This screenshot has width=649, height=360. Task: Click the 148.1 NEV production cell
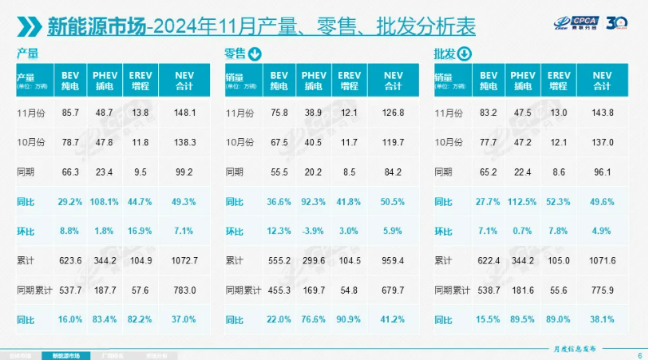(184, 113)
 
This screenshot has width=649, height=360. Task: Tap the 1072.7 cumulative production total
(184, 260)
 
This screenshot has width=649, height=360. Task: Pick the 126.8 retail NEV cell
(393, 113)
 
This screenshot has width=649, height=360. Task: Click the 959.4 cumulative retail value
(393, 260)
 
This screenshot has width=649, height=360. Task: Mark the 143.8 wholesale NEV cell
(603, 113)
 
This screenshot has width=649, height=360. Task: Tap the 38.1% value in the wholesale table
(603, 319)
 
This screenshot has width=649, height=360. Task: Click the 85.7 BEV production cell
(73, 113)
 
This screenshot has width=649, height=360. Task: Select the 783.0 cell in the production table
(184, 290)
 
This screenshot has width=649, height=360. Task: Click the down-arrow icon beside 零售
(255, 55)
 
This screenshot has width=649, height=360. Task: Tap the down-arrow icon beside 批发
(464, 55)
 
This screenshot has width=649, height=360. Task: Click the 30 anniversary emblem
(619, 22)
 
